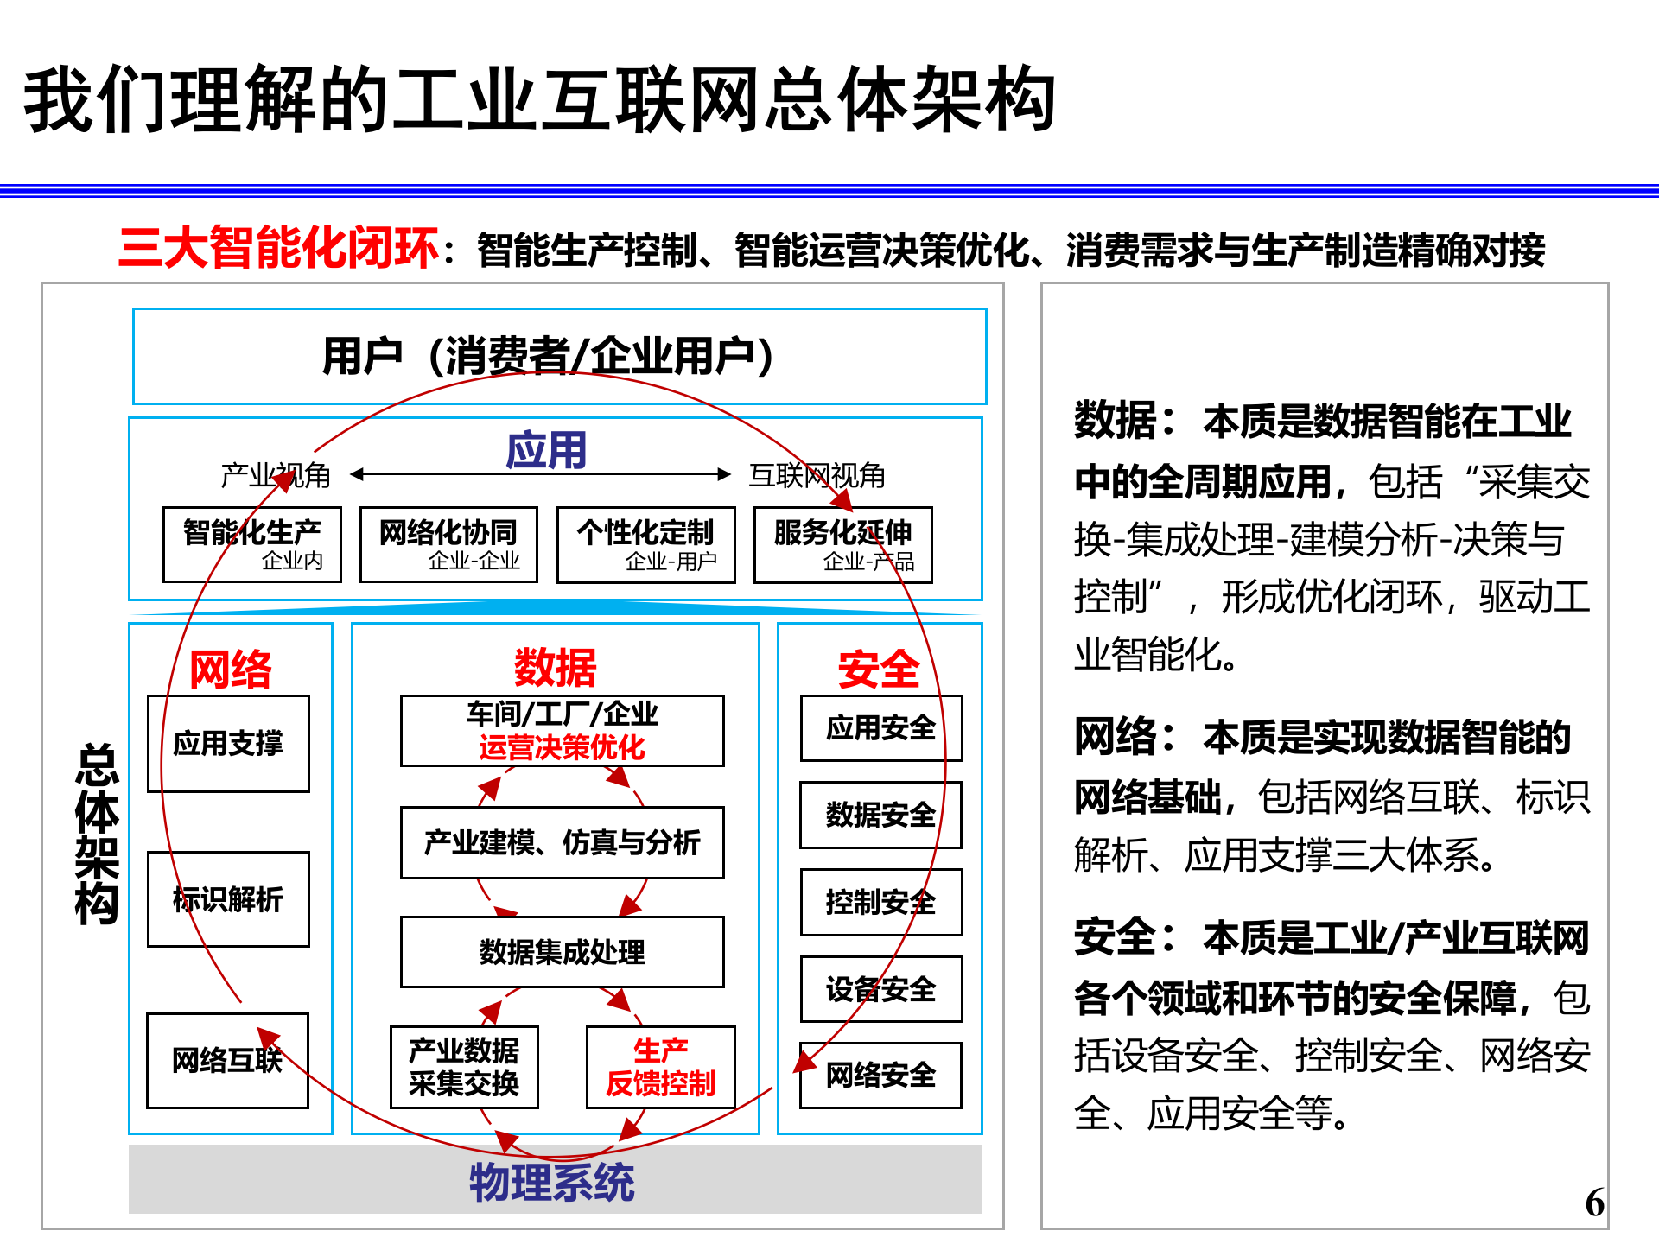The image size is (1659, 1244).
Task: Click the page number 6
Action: tap(1594, 1203)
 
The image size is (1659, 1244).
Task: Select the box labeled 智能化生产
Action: tap(251, 544)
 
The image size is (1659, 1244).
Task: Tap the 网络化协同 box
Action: tap(448, 544)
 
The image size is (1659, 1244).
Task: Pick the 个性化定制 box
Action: tap(645, 544)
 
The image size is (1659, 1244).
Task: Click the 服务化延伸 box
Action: tap(842, 544)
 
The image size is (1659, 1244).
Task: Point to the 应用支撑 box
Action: tap(228, 743)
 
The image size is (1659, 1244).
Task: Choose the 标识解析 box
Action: tap(228, 899)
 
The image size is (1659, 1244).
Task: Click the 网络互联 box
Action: tap(227, 1060)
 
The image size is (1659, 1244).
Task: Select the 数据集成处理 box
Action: tap(562, 951)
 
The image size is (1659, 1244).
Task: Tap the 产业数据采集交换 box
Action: tap(464, 1067)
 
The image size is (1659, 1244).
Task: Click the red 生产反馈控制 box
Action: tap(660, 1067)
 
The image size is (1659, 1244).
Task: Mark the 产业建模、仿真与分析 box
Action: tap(562, 842)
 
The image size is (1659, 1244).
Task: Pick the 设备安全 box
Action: tap(880, 988)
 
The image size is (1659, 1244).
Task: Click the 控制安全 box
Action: tap(880, 902)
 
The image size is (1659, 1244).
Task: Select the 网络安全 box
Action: tap(880, 1075)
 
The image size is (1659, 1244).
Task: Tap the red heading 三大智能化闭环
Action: tap(278, 248)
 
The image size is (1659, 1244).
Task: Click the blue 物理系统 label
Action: tap(552, 1182)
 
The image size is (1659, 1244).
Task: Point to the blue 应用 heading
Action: tap(546, 450)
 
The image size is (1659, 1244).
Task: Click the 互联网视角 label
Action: tap(817, 475)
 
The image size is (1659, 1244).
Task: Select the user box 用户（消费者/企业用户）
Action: tap(559, 356)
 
